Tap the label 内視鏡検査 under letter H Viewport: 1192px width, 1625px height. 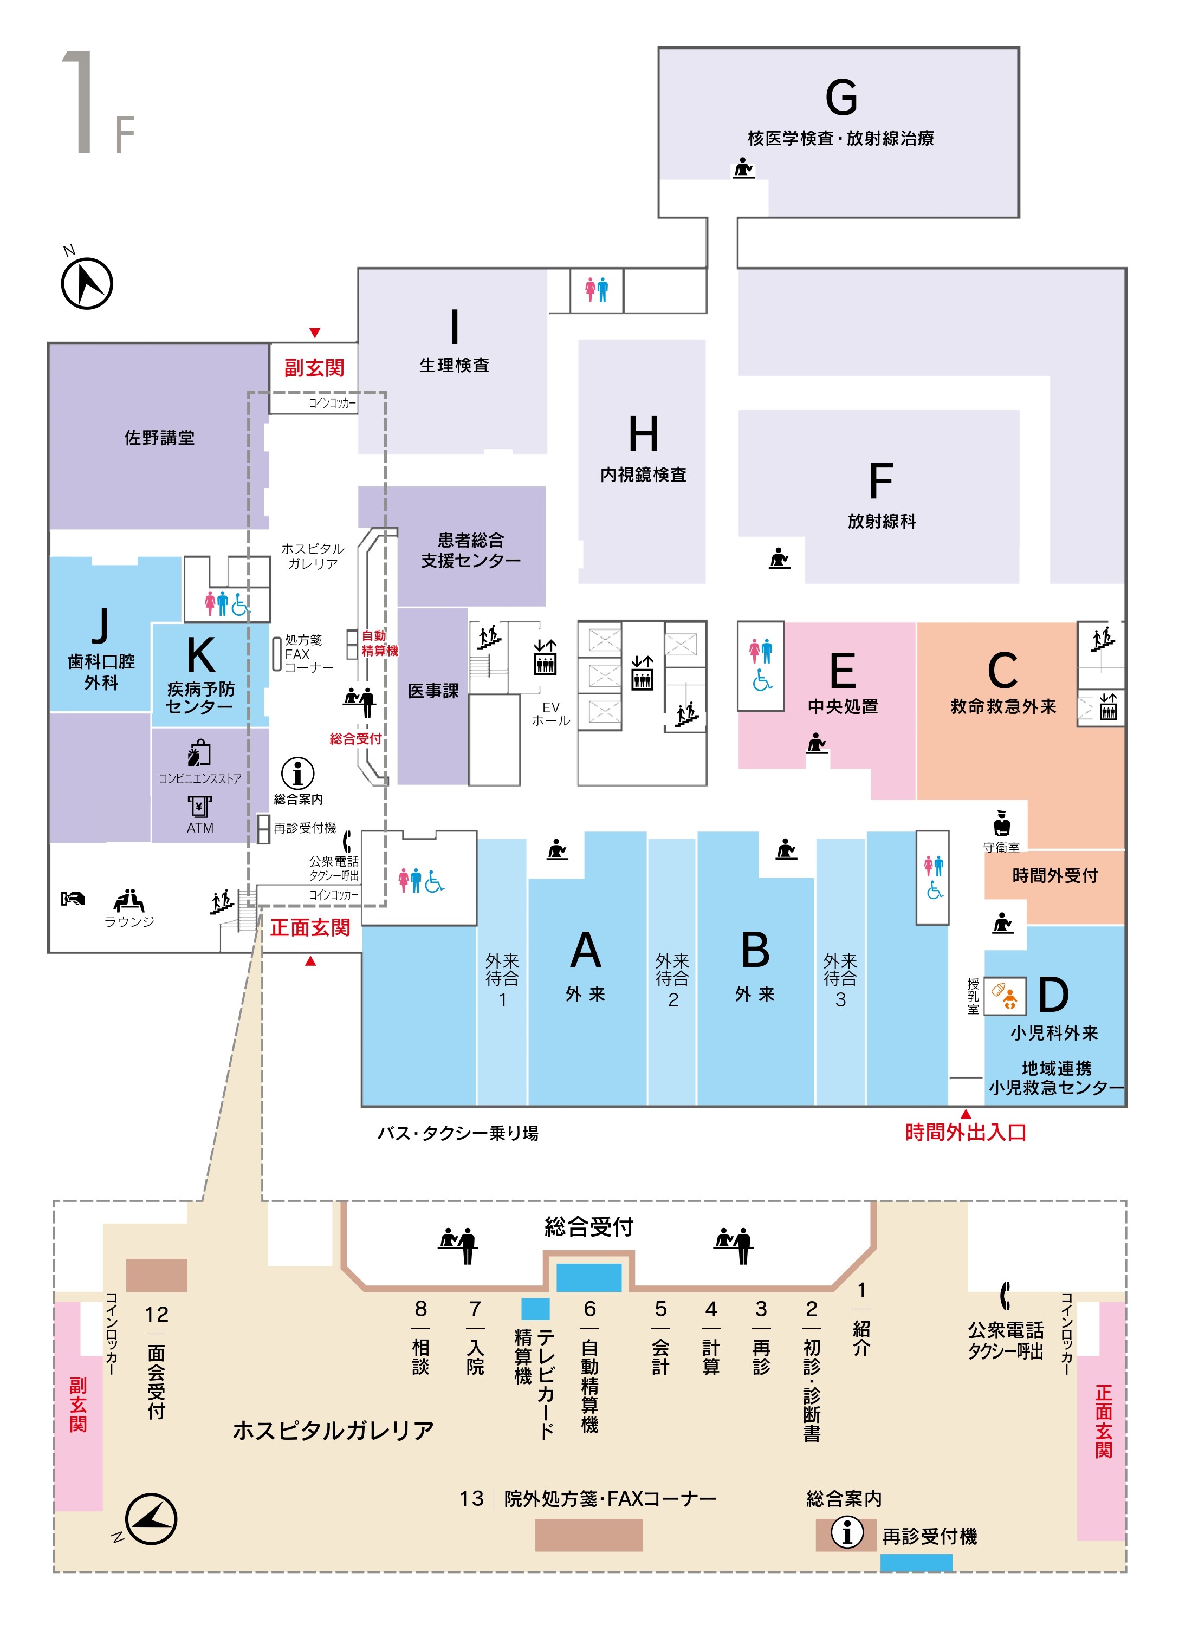tap(643, 474)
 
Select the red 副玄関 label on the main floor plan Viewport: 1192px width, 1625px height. tap(314, 368)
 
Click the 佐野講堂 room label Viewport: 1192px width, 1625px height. tap(159, 438)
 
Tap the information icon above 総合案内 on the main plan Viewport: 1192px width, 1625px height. tap(297, 773)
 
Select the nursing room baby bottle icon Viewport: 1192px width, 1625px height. tap(1005, 996)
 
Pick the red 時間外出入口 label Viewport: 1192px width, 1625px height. tap(966, 1133)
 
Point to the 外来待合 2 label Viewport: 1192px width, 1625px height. tap(672, 979)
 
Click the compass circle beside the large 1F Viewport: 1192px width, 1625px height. tap(87, 283)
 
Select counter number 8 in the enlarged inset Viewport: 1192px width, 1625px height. tap(420, 1308)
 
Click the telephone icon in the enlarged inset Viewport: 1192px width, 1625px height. tap(1005, 1295)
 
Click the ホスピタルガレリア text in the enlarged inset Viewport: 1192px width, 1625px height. tap(333, 1429)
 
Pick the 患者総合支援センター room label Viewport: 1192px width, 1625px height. tap(470, 550)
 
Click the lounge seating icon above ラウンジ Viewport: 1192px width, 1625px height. tap(128, 900)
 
